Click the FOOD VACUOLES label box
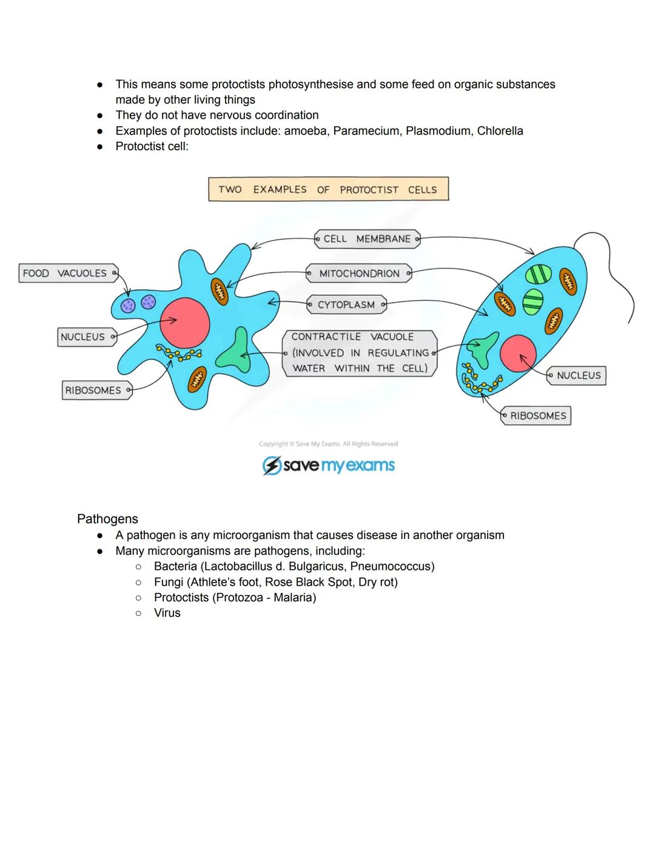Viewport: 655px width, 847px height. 67,273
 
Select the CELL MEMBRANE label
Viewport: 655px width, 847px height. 367,239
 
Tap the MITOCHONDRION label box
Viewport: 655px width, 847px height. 359,273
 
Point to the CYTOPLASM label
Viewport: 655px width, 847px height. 346,305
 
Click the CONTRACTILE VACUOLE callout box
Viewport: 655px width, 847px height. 359,353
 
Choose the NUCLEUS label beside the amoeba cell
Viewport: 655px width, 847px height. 86,337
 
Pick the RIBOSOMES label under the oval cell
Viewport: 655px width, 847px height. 536,416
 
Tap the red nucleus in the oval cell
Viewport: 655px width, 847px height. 519,353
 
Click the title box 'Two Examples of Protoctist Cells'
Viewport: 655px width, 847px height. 328,189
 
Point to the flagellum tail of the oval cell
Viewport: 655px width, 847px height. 613,267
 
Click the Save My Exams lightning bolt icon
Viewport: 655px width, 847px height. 271,466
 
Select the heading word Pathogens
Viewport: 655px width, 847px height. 107,519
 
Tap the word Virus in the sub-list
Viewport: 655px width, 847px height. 167,613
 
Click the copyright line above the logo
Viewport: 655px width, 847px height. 328,444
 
